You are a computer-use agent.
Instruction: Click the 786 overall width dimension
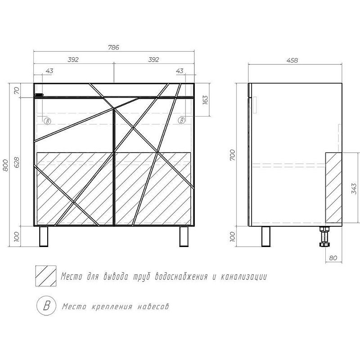tap(113, 47)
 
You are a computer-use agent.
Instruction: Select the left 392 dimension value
tap(73, 59)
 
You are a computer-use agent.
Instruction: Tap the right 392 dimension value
tap(153, 59)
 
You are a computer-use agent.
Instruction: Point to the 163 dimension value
tap(205, 100)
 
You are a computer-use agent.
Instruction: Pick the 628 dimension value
tap(17, 162)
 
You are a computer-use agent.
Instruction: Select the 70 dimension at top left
tap(17, 90)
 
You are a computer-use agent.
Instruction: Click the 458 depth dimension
tap(292, 60)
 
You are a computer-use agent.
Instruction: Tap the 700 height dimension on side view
tap(232, 155)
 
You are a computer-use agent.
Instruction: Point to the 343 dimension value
tap(354, 188)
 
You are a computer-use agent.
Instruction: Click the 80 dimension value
tap(333, 258)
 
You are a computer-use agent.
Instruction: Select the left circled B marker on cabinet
tap(47, 121)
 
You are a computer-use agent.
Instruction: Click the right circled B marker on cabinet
tap(181, 120)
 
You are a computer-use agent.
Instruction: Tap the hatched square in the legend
tap(46, 276)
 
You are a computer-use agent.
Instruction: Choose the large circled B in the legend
tap(47, 306)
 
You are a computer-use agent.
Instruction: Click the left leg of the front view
tap(44, 237)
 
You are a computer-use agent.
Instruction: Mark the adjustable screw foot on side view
tap(324, 237)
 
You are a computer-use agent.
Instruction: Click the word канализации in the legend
tap(243, 277)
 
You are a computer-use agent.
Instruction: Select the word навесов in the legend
tap(153, 306)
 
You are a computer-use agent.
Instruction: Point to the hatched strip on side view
tap(333, 188)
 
